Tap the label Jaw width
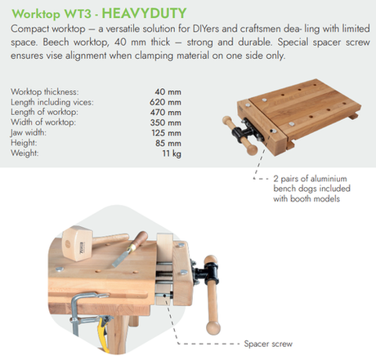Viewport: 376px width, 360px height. tap(31, 131)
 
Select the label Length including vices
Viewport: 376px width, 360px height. tap(53, 102)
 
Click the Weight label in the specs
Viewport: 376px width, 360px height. tap(27, 152)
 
